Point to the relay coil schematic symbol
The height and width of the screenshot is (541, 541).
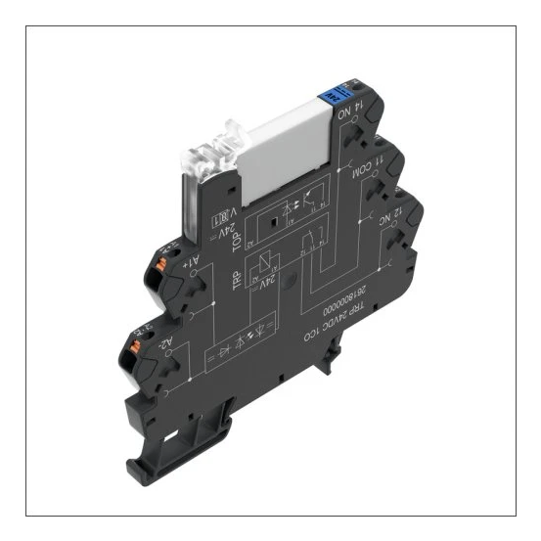[x=263, y=270]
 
